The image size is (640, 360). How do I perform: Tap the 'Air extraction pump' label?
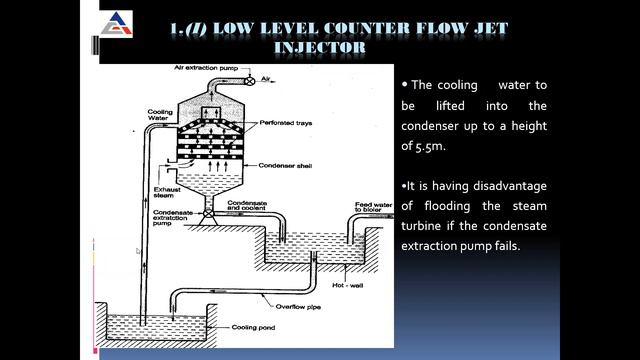click(x=205, y=68)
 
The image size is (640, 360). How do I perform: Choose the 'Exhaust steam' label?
click(x=139, y=190)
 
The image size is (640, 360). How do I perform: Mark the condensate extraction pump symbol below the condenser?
click(x=207, y=214)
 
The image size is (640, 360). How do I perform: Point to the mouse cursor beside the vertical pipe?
click(x=139, y=251)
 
